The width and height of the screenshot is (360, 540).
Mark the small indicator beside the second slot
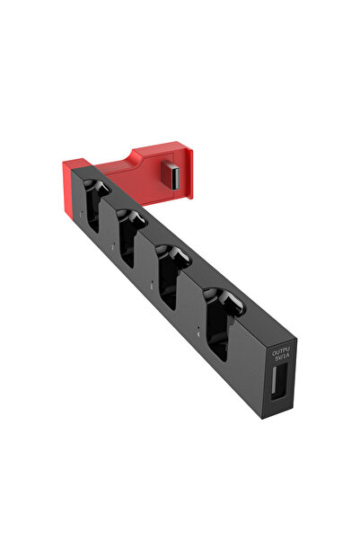pos(113,242)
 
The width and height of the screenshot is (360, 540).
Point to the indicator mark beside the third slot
pos(152,280)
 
